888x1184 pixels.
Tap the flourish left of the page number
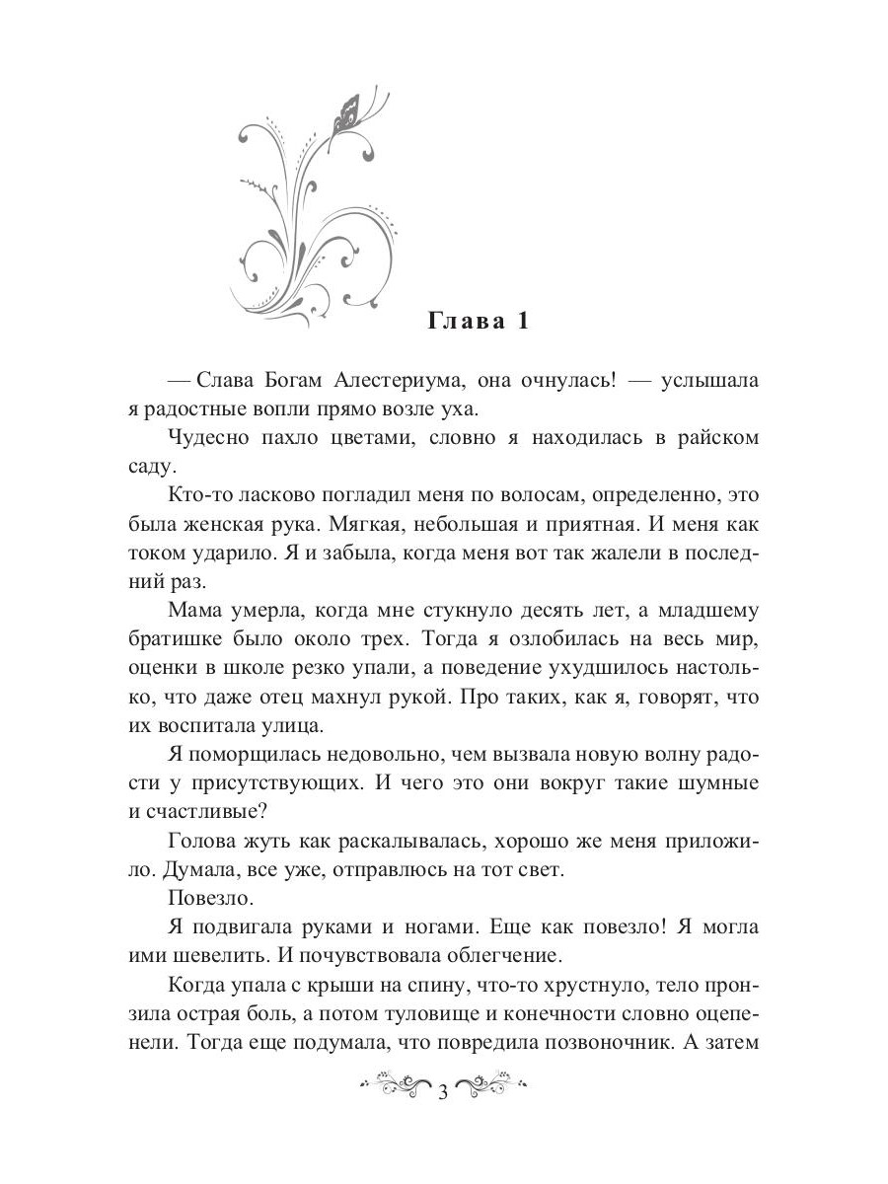pyautogui.click(x=395, y=1090)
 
